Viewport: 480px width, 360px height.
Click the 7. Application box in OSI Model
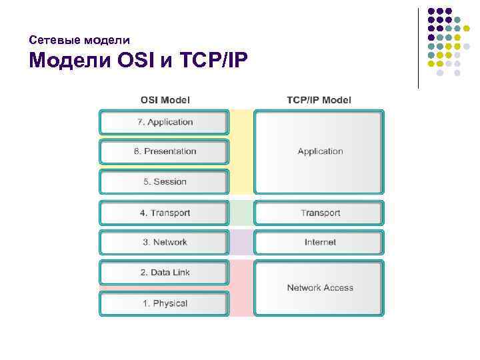[x=165, y=122]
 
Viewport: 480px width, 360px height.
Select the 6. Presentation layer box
[x=165, y=151]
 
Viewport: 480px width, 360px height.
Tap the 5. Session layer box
[x=165, y=181]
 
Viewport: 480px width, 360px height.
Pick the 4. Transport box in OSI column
[x=165, y=213]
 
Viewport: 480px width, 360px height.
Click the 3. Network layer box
[x=165, y=242]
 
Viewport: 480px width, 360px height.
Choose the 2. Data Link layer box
[x=165, y=272]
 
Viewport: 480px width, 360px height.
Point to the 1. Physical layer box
[x=165, y=303]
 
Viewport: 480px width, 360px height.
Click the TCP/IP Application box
[x=320, y=151]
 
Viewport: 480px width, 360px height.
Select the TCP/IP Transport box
[x=320, y=213]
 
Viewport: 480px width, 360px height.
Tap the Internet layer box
[x=320, y=242]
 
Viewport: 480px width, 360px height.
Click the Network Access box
[x=320, y=287]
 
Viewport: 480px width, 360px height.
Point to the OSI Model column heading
[x=165, y=100]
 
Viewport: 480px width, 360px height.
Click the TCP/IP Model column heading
[x=319, y=100]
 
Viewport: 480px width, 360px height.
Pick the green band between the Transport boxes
[x=243, y=213]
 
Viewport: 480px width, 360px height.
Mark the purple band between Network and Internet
[x=243, y=242]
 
